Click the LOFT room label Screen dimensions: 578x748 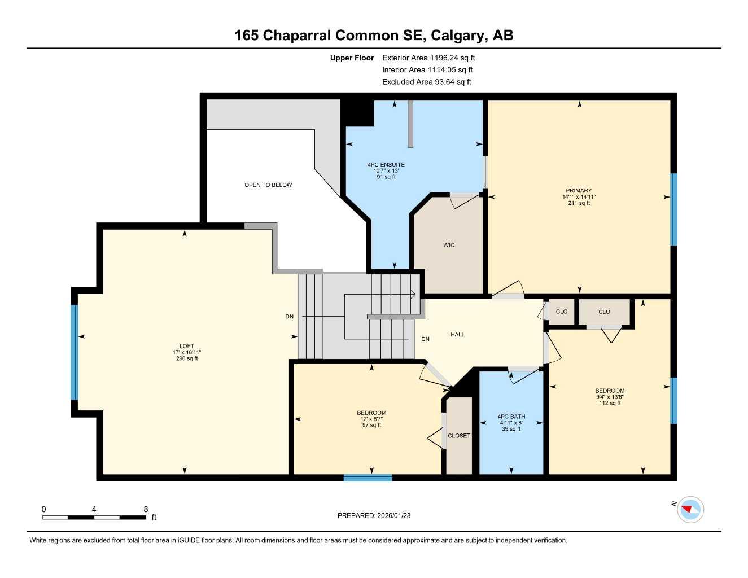[187, 346]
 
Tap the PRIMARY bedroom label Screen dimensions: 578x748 [579, 191]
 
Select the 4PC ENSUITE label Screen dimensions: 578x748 [386, 165]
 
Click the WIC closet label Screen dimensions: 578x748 [449, 245]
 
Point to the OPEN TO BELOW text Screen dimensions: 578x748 [268, 185]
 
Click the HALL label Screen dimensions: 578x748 [458, 335]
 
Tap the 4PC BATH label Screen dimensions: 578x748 [511, 417]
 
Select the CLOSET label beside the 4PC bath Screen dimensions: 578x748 [459, 436]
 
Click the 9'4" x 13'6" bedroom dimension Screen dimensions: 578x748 [610, 397]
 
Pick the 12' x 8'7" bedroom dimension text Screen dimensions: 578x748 [371, 419]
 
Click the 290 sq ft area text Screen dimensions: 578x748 [187, 358]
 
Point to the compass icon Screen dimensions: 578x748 [690, 509]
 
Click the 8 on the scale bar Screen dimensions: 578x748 [146, 509]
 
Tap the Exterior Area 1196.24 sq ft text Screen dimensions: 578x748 [428, 58]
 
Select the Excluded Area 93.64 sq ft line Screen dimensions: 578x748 [426, 82]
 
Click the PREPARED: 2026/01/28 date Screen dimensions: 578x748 [374, 515]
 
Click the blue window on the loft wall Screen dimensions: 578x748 [74, 352]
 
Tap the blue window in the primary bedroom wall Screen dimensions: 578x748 [673, 209]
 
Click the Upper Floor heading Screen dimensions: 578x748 [352, 58]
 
